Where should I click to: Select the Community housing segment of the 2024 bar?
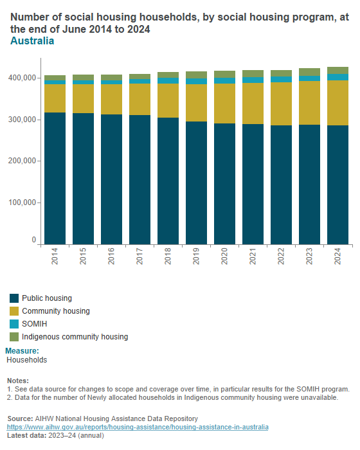(x=337, y=103)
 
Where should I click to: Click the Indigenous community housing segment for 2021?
(x=253, y=73)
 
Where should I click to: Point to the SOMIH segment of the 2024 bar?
(x=337, y=77)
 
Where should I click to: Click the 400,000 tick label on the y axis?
(x=22, y=78)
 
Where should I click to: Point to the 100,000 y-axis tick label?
(x=22, y=203)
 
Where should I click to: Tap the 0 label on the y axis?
(x=33, y=240)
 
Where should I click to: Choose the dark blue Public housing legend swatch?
(x=14, y=298)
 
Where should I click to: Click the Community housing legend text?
(x=55, y=311)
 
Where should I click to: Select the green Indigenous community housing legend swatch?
(x=14, y=337)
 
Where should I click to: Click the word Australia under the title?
(x=32, y=41)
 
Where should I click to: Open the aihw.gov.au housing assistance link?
(x=138, y=427)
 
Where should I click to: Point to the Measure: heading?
(x=22, y=351)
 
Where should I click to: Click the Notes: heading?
(x=17, y=381)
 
